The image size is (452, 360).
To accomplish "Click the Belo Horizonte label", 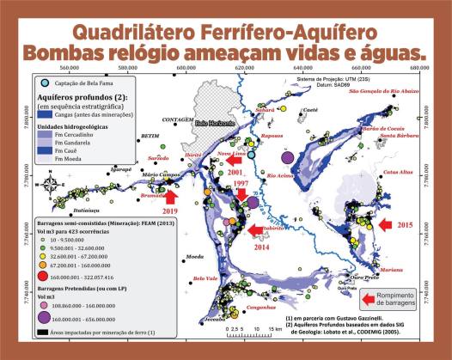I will coord(213,123).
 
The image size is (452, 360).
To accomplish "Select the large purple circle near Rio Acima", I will coord(290,158).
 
